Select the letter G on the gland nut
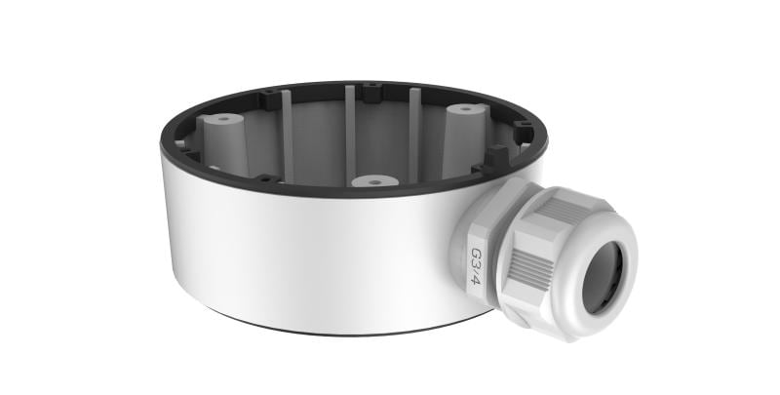(x=476, y=253)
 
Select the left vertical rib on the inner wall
(x=287, y=132)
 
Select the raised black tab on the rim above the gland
(x=497, y=154)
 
